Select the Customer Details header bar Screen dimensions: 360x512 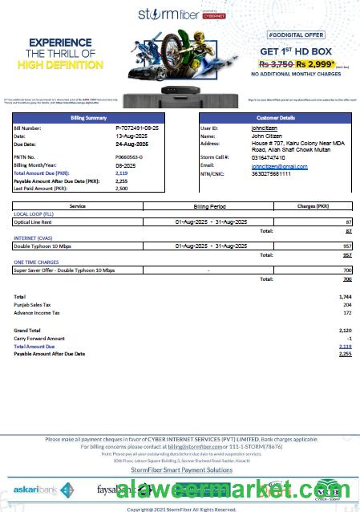tap(274, 118)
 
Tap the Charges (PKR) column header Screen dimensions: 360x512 tap(313, 206)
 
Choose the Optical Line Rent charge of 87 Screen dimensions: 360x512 tap(348, 221)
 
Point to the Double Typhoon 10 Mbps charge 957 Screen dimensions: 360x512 tap(347, 245)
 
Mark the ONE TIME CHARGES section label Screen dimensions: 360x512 tap(35, 262)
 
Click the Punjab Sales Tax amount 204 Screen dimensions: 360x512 tap(346, 305)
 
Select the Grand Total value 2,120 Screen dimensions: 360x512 tap(345, 330)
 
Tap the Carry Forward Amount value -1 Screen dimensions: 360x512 tap(349, 338)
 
